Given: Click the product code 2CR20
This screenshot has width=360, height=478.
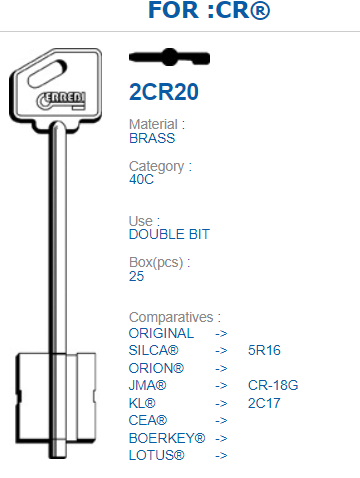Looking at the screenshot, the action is [x=164, y=92].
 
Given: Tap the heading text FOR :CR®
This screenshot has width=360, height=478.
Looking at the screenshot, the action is [x=209, y=10].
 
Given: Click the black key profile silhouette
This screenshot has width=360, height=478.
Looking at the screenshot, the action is [x=169, y=57].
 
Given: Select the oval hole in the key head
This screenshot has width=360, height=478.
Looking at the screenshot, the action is [x=47, y=74].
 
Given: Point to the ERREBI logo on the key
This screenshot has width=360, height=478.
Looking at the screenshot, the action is [x=61, y=100].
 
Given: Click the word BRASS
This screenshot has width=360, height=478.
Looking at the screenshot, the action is [x=152, y=138].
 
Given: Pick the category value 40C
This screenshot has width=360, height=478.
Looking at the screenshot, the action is [x=141, y=179].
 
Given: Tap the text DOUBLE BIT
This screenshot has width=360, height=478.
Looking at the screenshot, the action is [x=169, y=234].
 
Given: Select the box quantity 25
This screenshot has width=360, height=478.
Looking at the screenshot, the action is [x=136, y=276].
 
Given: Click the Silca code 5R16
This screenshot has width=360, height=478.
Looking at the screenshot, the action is [x=264, y=350].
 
